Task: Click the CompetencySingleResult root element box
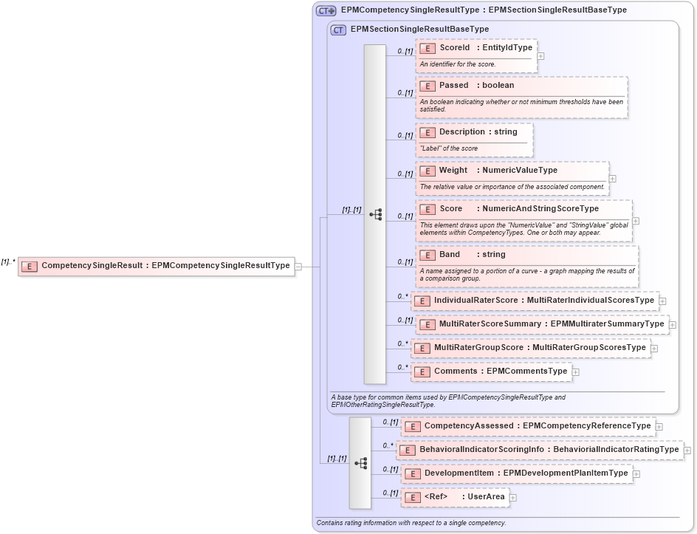coord(156,266)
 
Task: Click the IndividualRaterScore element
coord(534,301)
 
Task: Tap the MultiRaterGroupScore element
coord(530,348)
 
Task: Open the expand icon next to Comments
coord(576,372)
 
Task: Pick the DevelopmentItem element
coord(516,473)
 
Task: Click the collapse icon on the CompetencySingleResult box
coord(298,266)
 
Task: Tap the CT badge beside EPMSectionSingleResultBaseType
coord(338,30)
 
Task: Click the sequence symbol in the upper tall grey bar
coord(375,215)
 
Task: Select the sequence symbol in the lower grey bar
coord(360,463)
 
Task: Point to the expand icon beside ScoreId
coord(541,55)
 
